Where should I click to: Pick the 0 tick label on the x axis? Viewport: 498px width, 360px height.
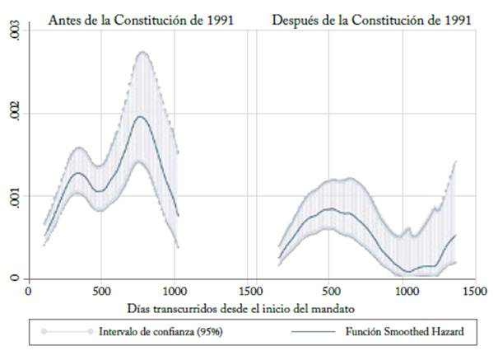pyautogui.click(x=28, y=290)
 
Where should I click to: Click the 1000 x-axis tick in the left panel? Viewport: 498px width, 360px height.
pyautogui.click(x=175, y=290)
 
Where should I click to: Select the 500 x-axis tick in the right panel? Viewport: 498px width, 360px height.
pyautogui.click(x=330, y=290)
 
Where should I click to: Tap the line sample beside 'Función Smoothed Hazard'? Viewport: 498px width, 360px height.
pyautogui.click(x=310, y=333)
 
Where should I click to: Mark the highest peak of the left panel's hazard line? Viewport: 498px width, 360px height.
pyautogui.click(x=142, y=116)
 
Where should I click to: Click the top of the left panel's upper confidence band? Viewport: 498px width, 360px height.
pyautogui.click(x=142, y=52)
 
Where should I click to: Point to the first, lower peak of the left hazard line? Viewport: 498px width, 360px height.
pyautogui.click(x=77, y=173)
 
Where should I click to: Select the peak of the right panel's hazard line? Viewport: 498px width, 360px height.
pyautogui.click(x=329, y=209)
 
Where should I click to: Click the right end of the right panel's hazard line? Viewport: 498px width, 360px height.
pyautogui.click(x=456, y=235)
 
